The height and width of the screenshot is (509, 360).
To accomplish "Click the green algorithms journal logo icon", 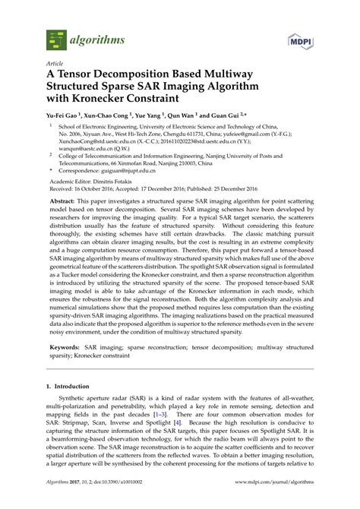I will pos(55,36).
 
